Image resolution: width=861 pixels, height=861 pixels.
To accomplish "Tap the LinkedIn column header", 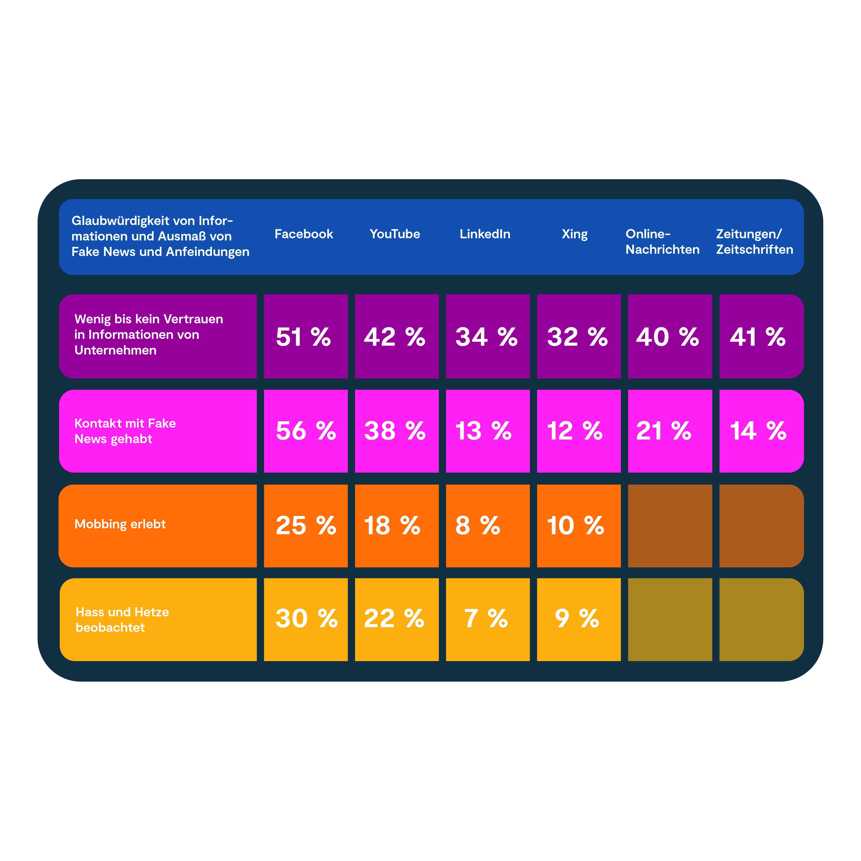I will (485, 234).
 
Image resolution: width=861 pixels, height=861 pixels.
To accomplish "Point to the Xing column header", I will (575, 234).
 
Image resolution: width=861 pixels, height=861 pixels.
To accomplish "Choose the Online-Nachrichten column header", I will (662, 242).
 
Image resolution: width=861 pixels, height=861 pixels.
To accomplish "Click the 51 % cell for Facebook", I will (305, 336).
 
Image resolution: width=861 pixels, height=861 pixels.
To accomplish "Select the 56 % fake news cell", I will (305, 431).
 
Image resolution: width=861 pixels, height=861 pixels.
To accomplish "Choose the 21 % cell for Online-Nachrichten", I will (669, 431).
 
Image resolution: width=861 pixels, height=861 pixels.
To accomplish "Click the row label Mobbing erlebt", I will (120, 524).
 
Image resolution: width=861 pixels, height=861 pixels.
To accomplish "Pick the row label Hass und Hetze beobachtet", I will (122, 619).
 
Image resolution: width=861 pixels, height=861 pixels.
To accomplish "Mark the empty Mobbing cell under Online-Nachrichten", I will (669, 526).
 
